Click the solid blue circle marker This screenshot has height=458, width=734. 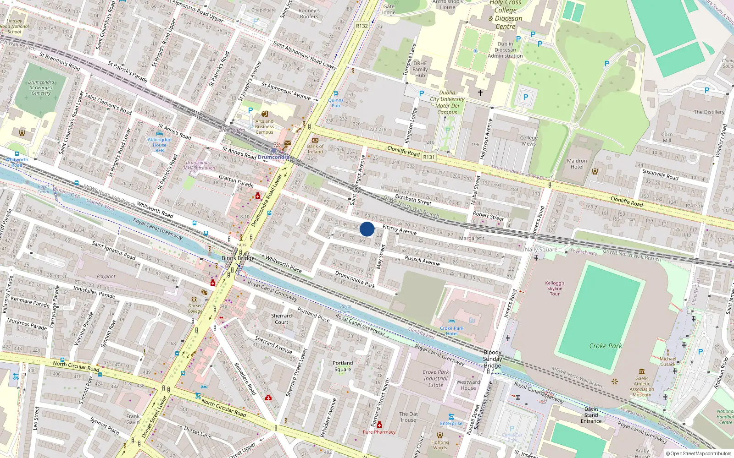click(x=367, y=229)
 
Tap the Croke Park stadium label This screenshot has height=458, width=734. click(x=606, y=346)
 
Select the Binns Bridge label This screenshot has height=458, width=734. click(x=238, y=258)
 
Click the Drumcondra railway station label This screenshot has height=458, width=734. click(x=273, y=157)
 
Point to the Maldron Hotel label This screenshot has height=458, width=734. click(x=577, y=164)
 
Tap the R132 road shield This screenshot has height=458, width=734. click(x=361, y=26)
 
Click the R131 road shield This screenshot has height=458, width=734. click(x=428, y=157)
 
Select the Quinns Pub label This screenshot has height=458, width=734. click(x=336, y=103)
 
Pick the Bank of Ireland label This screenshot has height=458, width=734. click(x=315, y=149)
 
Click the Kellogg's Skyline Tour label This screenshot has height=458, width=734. click(x=555, y=289)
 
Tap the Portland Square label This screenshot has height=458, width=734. click(x=342, y=366)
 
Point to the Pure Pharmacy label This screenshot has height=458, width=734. click(x=379, y=432)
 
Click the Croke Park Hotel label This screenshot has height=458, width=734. click(x=452, y=331)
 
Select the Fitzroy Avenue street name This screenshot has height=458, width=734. click(x=399, y=229)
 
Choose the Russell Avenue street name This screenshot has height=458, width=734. click(x=422, y=261)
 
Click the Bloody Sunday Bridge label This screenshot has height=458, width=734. click(x=492, y=359)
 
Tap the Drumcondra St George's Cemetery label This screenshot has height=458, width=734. click(x=41, y=87)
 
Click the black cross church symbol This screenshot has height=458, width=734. click(x=480, y=93)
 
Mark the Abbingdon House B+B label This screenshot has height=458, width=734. click(x=160, y=145)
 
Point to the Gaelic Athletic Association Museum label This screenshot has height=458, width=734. click(x=642, y=386)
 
